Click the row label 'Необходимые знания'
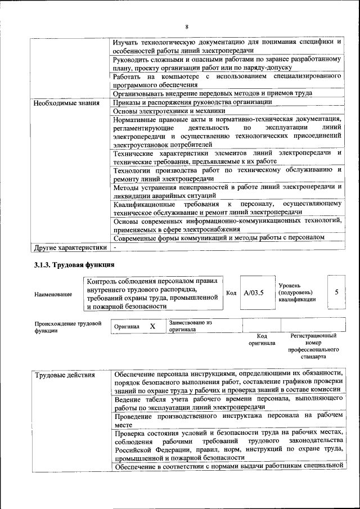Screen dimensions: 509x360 66,103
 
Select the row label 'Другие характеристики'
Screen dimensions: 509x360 70,247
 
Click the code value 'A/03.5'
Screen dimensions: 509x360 254,292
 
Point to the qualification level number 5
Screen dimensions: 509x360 336,292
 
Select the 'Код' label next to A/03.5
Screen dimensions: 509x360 231,292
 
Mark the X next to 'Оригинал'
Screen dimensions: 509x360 152,326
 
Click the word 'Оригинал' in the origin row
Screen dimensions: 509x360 127,326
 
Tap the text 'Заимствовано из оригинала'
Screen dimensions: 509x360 190,326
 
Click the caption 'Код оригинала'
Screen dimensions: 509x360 262,339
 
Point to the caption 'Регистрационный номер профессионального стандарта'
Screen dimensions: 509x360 313,346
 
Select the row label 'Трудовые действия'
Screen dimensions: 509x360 65,375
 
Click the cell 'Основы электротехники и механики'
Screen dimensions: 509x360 169,111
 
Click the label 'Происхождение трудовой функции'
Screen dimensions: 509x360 67,327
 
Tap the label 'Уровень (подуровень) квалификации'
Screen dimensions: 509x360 296,292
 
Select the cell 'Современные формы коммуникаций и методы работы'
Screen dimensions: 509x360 219,237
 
